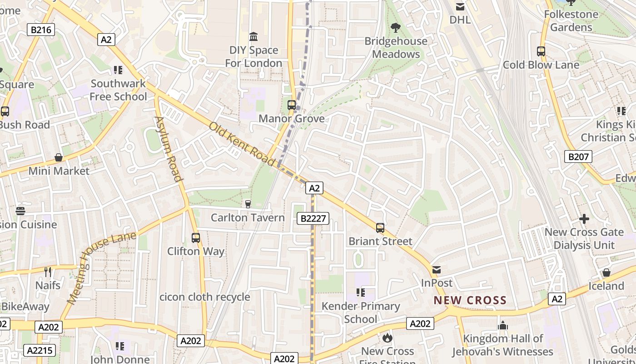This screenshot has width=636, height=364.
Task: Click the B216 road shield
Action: pos(41,30)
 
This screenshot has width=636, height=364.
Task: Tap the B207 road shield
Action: pos(578,157)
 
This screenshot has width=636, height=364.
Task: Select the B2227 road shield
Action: pos(313,218)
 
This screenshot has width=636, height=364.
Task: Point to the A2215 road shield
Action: pos(40,350)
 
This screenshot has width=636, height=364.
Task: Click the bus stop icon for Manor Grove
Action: pos(292,105)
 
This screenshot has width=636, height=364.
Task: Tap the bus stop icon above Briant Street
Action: pos(380,228)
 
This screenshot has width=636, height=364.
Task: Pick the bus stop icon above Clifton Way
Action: pos(196,238)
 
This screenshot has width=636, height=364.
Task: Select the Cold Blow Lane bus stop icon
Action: pos(541,51)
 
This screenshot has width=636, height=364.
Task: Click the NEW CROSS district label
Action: pos(470,300)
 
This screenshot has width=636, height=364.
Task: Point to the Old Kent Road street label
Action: pos(242,144)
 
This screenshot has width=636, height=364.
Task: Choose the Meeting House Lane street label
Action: pos(101,268)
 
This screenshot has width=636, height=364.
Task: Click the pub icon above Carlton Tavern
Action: pos(248,204)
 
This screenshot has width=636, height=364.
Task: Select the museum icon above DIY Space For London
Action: pos(253,36)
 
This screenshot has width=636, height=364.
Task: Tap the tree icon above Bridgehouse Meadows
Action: pos(396,28)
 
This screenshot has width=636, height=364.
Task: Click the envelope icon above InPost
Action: pos(437,270)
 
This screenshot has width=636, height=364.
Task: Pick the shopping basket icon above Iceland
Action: pos(606,273)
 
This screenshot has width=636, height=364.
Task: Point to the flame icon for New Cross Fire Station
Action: pos(388,338)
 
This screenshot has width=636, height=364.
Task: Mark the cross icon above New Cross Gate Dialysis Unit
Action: pos(584,219)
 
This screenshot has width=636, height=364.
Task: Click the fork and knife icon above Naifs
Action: pos(48,272)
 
